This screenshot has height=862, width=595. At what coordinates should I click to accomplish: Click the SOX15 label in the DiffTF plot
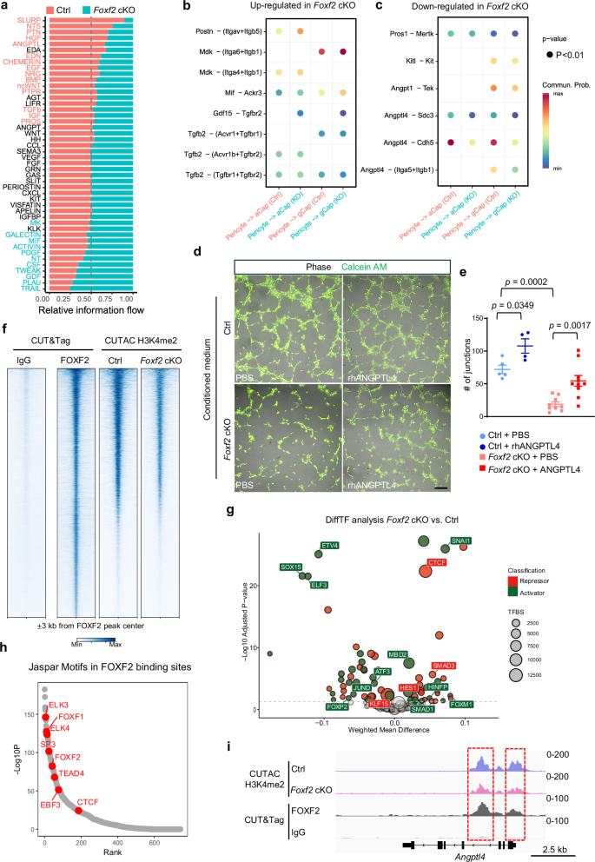coord(291,567)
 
